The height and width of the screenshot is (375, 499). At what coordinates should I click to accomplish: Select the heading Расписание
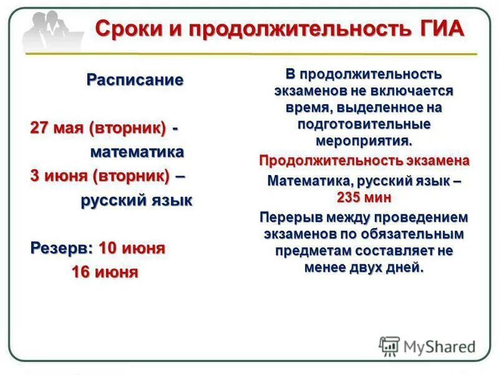[135, 80]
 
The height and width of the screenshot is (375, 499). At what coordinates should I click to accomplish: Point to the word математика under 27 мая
[137, 152]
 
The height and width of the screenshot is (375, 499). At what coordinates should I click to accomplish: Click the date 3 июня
[61, 176]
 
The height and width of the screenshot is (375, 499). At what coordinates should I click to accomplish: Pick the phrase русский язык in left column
[137, 201]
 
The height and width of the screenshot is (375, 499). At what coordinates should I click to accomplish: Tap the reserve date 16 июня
[105, 272]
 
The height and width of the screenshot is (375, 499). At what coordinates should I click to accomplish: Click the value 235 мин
[365, 197]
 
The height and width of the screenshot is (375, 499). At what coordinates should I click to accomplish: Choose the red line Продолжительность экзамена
[365, 161]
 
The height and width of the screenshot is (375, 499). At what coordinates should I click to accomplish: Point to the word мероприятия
[365, 139]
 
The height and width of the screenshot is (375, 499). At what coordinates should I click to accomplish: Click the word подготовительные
[365, 124]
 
